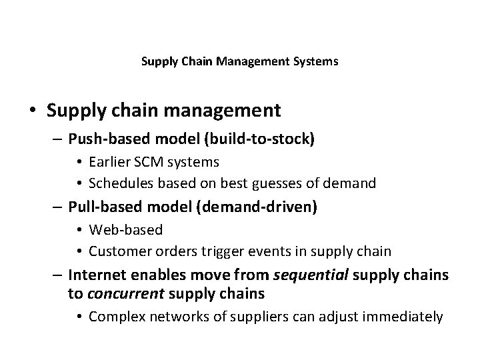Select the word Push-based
coord(103,139)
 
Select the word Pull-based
coord(101,207)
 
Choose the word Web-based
coord(125,230)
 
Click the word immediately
coord(404,316)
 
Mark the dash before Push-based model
coord(57,139)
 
